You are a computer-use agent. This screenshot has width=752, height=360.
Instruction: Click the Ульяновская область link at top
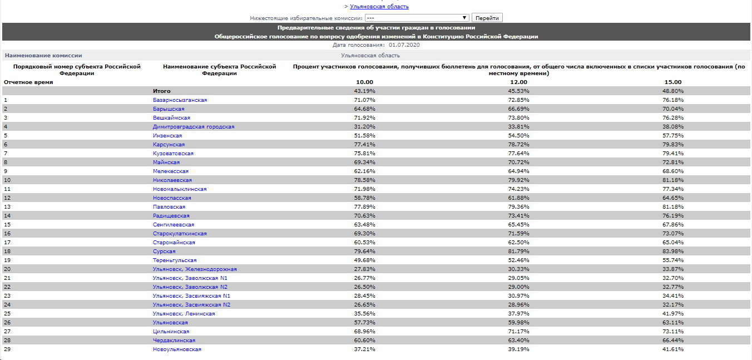[x=379, y=7]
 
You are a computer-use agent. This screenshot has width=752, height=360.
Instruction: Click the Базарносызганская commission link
[x=180, y=100]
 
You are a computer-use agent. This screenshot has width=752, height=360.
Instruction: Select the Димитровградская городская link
[x=194, y=127]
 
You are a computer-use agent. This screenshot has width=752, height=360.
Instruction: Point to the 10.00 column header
[x=364, y=82]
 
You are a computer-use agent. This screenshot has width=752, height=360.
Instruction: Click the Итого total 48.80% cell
[x=672, y=91]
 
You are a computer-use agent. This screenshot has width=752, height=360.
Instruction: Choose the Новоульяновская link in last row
[x=177, y=349]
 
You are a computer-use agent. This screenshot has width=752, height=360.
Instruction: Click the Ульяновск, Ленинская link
[x=184, y=314]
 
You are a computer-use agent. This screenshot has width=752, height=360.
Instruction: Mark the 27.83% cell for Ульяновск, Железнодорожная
[x=365, y=269]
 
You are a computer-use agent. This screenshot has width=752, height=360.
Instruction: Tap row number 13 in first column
[x=7, y=207]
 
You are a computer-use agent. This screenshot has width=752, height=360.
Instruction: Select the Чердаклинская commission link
[x=174, y=341]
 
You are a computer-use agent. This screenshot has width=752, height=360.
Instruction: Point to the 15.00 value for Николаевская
[x=672, y=180]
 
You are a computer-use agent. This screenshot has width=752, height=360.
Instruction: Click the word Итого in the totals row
[x=162, y=91]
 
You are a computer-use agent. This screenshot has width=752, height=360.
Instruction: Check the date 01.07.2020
[x=404, y=45]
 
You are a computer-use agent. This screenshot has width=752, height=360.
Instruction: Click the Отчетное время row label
[x=28, y=82]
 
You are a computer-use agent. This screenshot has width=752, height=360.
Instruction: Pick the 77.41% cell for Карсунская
[x=365, y=145]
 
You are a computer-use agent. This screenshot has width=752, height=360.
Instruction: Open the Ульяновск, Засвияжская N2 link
[x=191, y=305]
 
